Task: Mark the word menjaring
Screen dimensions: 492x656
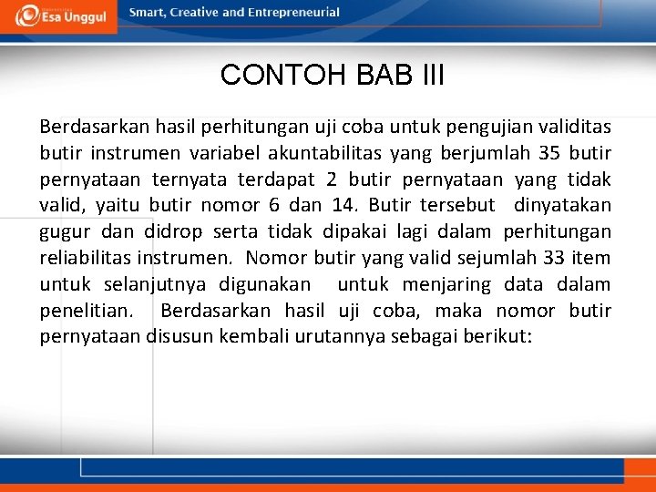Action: pyautogui.click(x=444, y=284)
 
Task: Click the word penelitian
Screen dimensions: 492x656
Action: pyautogui.click(x=86, y=311)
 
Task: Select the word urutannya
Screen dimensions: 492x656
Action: pyautogui.click(x=343, y=337)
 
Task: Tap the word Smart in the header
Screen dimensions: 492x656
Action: pyautogui.click(x=149, y=13)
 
